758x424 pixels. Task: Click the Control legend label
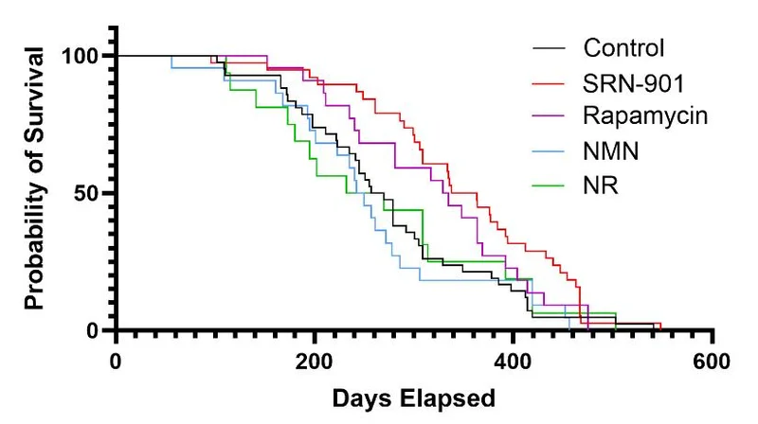point(624,47)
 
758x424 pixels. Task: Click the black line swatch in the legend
point(550,48)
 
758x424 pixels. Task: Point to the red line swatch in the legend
point(550,82)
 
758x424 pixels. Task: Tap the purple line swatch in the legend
point(550,116)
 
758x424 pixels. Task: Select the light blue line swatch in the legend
point(550,150)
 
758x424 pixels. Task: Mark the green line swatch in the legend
point(550,185)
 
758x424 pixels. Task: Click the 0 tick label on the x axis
point(116,361)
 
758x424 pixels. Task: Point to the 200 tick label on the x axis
point(314,361)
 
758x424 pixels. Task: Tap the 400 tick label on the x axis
point(513,361)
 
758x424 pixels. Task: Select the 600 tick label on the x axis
point(711,361)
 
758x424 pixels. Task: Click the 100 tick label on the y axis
point(81,56)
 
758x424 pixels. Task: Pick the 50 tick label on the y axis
point(87,193)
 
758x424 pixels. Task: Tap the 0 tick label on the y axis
point(95,330)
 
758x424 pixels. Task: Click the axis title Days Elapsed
point(413,398)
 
